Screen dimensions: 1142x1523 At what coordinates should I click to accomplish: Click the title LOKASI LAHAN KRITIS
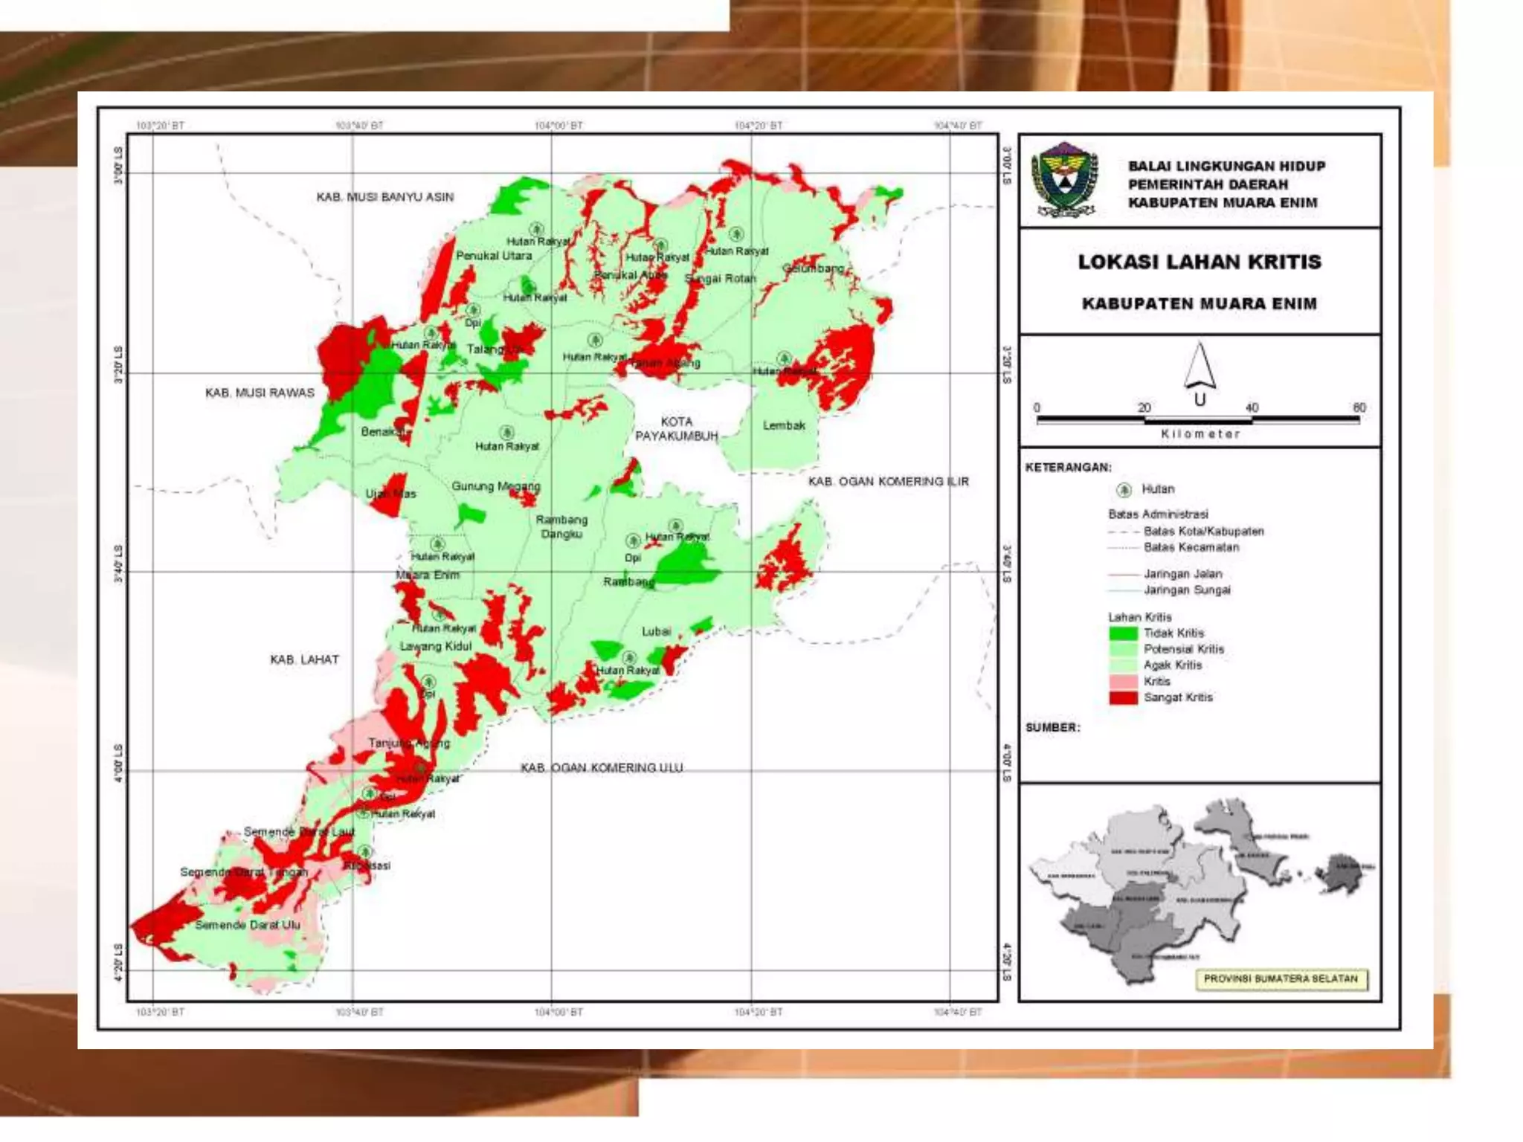[x=1199, y=262]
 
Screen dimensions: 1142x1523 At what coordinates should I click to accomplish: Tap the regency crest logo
[x=1064, y=180]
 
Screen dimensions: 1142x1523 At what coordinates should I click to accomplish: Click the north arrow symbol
[x=1200, y=366]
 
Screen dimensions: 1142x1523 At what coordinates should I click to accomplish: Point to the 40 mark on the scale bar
[x=1252, y=407]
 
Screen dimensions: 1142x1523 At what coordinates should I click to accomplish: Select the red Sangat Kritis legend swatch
[x=1122, y=697]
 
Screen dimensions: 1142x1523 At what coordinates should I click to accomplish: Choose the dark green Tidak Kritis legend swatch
[x=1122, y=633]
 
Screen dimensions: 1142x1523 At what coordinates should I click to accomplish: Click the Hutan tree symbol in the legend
[x=1124, y=489]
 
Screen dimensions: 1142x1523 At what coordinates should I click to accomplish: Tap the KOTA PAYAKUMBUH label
[x=676, y=428]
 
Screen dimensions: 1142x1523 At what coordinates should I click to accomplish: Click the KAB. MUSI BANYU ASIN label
[x=384, y=197]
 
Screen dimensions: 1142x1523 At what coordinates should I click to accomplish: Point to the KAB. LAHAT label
[x=304, y=659]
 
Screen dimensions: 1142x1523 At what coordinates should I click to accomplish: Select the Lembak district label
[x=784, y=425]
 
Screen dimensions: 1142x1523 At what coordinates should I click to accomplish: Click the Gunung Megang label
[x=495, y=486]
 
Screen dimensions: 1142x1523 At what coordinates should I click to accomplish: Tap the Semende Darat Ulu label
[x=247, y=925]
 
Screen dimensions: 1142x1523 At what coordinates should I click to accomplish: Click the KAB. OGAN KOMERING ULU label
[x=601, y=767]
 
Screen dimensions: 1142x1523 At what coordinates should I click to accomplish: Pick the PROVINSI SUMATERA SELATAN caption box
[x=1280, y=978]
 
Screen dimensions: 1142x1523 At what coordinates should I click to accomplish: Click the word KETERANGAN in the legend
[x=1068, y=468]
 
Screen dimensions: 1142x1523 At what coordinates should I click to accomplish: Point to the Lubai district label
[x=656, y=631]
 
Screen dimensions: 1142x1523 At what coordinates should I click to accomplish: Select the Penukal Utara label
[x=494, y=256]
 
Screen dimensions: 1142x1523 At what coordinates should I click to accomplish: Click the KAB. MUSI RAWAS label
[x=260, y=393]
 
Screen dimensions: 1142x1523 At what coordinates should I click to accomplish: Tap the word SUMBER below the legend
[x=1052, y=727]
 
